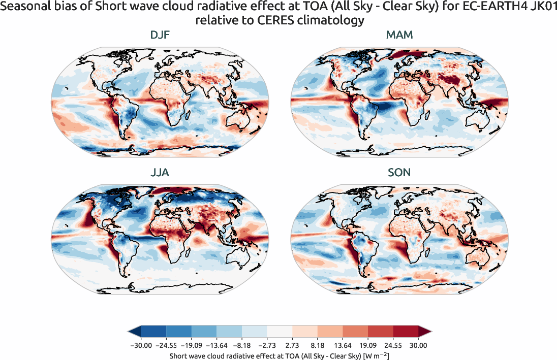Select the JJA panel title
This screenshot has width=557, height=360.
point(160,173)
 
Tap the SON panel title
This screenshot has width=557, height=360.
point(399,173)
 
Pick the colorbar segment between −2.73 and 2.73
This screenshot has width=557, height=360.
point(280,332)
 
